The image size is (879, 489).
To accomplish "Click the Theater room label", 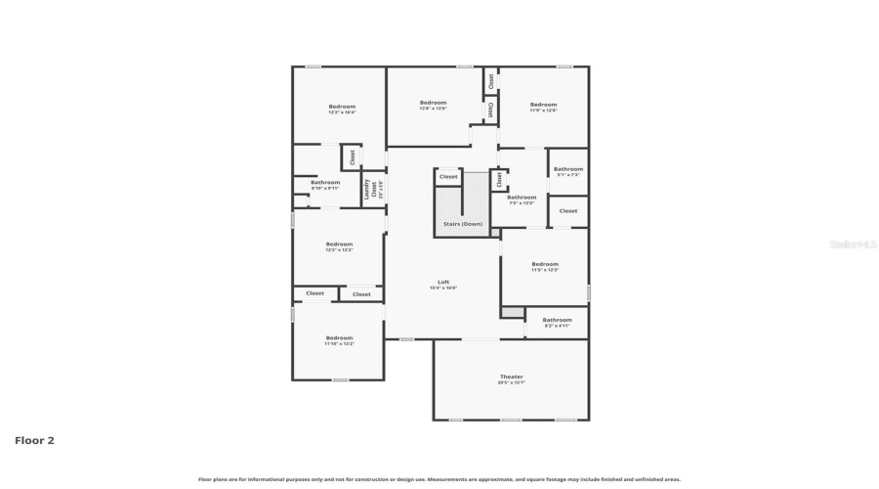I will pyautogui.click(x=512, y=377).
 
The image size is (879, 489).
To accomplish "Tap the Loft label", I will pyautogui.click(x=442, y=282).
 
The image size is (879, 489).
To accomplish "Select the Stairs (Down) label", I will pyautogui.click(x=463, y=224).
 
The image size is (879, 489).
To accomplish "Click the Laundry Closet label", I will pyautogui.click(x=372, y=189).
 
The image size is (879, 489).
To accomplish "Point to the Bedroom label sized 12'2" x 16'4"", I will pyautogui.click(x=342, y=107).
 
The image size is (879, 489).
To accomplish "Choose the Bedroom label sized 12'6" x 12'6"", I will pyautogui.click(x=433, y=103).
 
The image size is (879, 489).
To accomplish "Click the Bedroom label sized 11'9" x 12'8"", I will pyautogui.click(x=543, y=105).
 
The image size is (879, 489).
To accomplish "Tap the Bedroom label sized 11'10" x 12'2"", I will pyautogui.click(x=339, y=338).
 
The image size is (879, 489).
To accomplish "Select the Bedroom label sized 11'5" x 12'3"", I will pyautogui.click(x=545, y=264).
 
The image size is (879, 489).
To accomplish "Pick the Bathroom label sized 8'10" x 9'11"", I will pyautogui.click(x=325, y=182).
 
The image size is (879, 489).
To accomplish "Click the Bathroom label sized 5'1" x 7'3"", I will pyautogui.click(x=568, y=169).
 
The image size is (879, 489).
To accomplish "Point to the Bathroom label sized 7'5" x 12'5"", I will pyautogui.click(x=522, y=198).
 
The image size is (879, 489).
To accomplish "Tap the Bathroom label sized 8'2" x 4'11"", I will pyautogui.click(x=558, y=320).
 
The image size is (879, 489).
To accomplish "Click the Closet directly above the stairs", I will pyautogui.click(x=448, y=177).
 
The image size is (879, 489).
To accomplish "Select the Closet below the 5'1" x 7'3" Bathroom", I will pyautogui.click(x=568, y=210).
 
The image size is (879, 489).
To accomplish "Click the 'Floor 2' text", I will pyautogui.click(x=34, y=440).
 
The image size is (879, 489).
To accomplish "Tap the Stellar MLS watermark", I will pyautogui.click(x=852, y=244).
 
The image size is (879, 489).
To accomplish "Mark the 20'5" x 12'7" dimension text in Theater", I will pyautogui.click(x=512, y=383).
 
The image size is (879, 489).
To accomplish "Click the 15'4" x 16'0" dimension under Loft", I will pyautogui.click(x=442, y=289).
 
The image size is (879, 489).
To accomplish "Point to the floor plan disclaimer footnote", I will pyautogui.click(x=439, y=479).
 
